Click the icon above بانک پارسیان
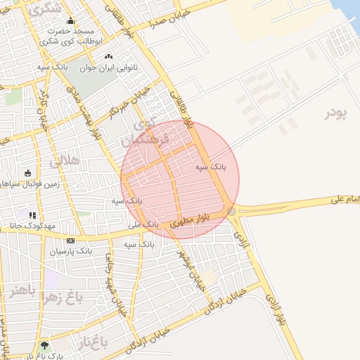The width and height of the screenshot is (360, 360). coord(70,240)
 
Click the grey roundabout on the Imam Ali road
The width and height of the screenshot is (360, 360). coord(231,211)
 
